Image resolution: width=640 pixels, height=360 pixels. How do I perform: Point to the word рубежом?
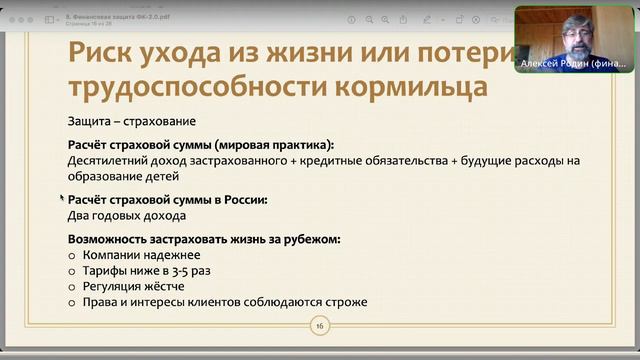point(309,239)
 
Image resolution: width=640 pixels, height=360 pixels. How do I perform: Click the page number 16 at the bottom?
point(320,326)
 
